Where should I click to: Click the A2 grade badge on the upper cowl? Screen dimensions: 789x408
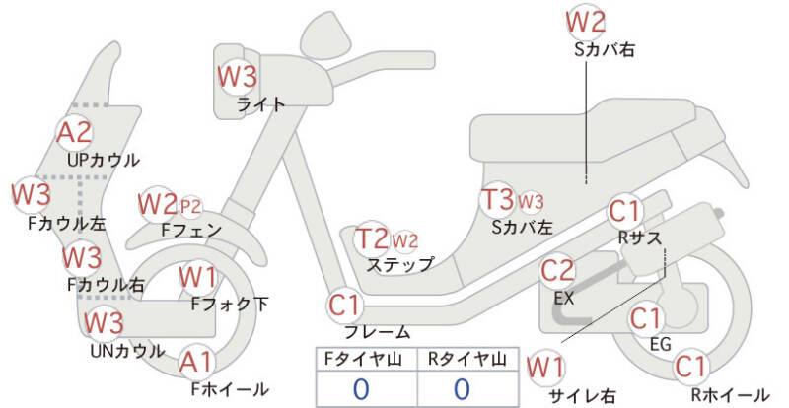pos(75,132)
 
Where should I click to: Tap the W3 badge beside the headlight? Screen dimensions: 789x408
pos(237,77)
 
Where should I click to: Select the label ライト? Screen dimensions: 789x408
pos(260,104)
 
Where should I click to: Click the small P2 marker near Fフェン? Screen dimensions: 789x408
pos(190,206)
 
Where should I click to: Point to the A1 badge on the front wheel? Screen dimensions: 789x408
pos(196,363)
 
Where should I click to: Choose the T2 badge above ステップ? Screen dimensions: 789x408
pos(373,238)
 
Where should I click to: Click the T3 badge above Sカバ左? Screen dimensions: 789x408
pos(498,199)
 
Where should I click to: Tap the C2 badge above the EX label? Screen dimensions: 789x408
pos(557,271)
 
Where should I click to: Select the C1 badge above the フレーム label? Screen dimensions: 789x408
pos(344,305)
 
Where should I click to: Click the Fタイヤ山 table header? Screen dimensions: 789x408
pos(363,359)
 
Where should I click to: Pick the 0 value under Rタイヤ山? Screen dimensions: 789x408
pos(462,389)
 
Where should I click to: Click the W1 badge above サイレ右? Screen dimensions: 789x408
pos(545,368)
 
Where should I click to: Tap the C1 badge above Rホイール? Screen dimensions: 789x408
pos(690,367)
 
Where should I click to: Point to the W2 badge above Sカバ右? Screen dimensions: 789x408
pos(585,22)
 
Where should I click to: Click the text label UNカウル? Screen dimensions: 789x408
pos(127,351)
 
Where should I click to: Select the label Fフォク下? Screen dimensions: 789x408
pos(230,304)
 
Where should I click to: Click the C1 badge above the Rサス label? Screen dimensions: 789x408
pos(624,211)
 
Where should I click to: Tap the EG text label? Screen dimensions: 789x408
pos(661,344)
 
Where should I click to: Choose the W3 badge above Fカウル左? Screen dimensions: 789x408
pos(32,195)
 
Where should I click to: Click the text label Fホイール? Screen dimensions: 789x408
pos(230,389)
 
